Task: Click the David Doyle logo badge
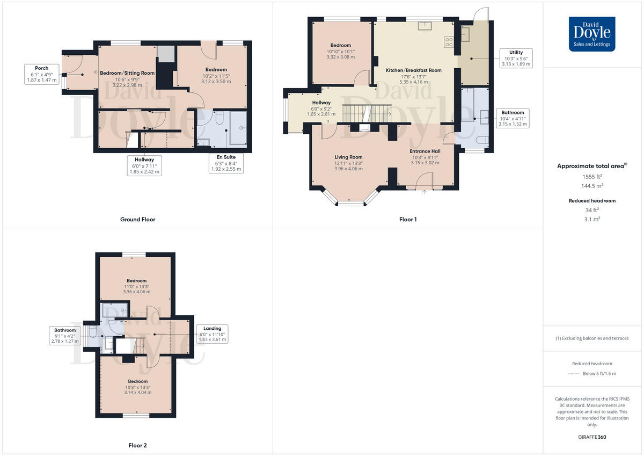pos(592,34)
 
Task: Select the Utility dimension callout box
pos(516,59)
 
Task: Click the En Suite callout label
pos(225,163)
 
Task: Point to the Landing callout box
pos(212,334)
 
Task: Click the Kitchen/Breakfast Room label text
pos(414,70)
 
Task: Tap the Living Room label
pos(348,157)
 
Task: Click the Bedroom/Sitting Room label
pos(127,73)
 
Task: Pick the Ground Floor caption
pos(138,219)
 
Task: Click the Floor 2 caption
pos(137,445)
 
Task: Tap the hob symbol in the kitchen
pos(449,41)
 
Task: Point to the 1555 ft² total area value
pos(592,176)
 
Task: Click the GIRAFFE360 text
pos(592,437)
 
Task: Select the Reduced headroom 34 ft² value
pos(592,210)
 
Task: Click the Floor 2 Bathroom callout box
pos(63,335)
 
